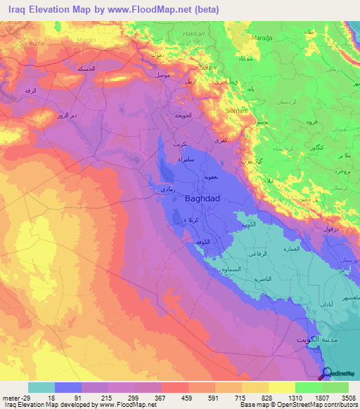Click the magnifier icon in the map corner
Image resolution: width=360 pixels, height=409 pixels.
[x=327, y=374]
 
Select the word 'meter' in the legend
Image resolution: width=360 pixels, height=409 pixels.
[x=10, y=398]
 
